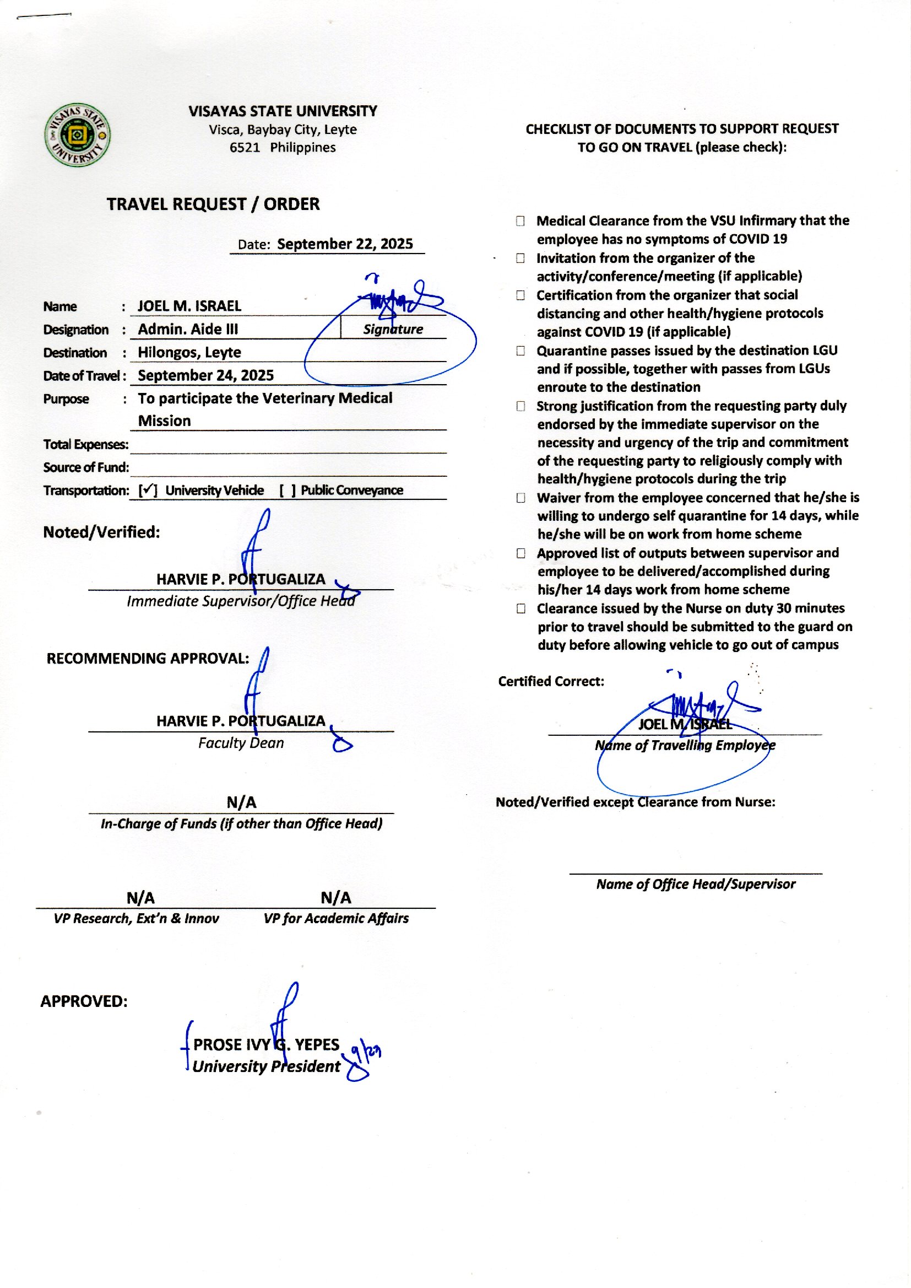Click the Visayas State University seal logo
point(78,134)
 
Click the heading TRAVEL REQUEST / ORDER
point(213,204)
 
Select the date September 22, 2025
point(344,244)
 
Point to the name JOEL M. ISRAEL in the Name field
point(189,306)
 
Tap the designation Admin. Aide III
point(188,329)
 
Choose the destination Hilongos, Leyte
point(189,352)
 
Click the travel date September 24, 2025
point(206,375)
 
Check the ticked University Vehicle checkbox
point(148,491)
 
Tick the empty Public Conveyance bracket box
point(288,491)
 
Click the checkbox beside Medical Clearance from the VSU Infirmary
point(520,221)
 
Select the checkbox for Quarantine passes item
point(520,351)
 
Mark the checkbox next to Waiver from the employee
point(520,498)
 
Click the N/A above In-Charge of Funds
point(241,802)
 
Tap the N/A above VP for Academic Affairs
point(336,898)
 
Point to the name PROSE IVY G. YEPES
point(267,1044)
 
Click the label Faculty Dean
point(241,743)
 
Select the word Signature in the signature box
point(393,330)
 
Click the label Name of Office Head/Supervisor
point(696,884)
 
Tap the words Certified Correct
point(551,681)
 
